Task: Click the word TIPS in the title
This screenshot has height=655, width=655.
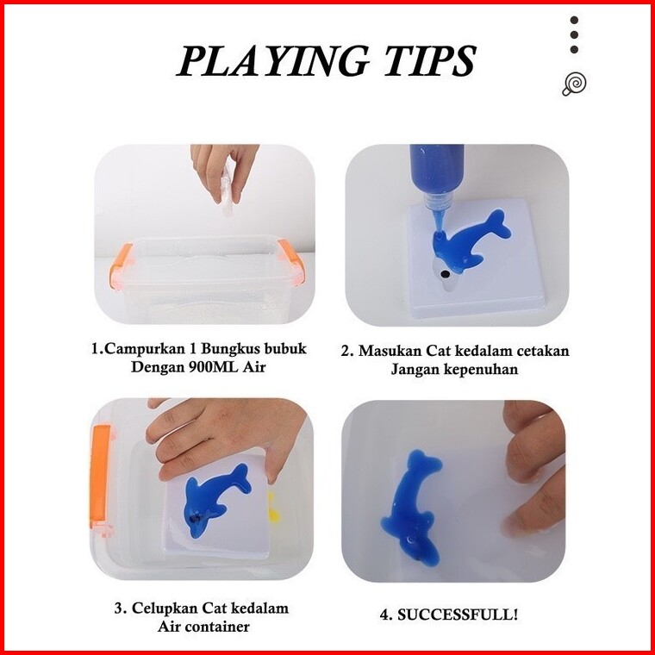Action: point(430,61)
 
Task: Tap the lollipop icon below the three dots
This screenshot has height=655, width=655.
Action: point(574,84)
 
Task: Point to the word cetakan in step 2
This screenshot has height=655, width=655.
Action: point(544,351)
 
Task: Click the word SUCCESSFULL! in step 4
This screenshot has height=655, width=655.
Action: point(458,614)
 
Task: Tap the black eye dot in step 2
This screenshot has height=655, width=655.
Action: point(446,274)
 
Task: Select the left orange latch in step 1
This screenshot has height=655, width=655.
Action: point(121,266)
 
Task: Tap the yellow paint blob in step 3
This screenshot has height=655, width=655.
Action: point(273,507)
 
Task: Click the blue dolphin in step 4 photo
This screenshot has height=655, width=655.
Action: point(412,507)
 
